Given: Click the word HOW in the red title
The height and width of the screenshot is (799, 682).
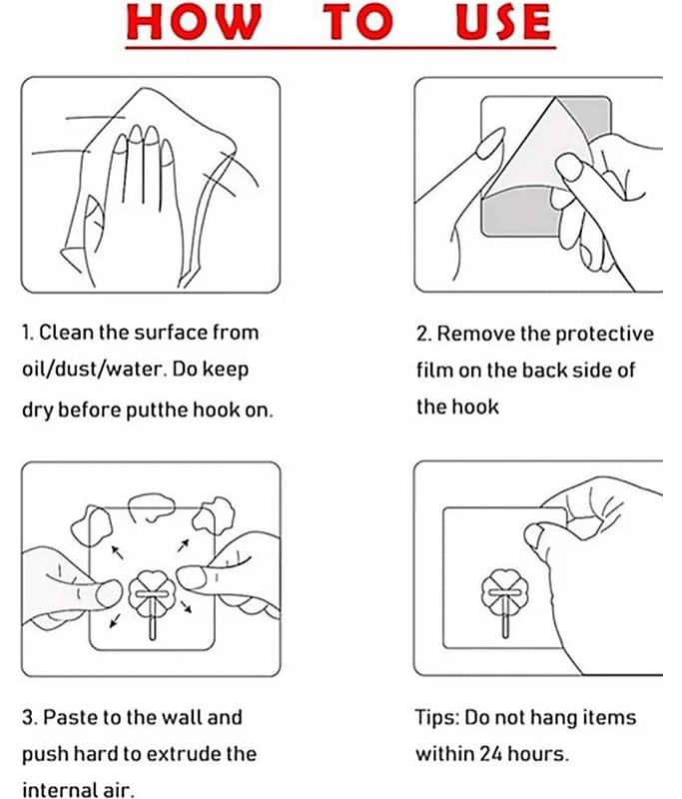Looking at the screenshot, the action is click(x=194, y=22).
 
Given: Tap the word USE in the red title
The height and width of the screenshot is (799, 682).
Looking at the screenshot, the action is click(x=503, y=22).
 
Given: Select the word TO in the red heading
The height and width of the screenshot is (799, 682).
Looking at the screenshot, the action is click(x=358, y=22).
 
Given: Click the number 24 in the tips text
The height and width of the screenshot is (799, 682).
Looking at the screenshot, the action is click(x=491, y=754).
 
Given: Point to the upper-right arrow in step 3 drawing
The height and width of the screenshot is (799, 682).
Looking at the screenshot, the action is click(x=184, y=545).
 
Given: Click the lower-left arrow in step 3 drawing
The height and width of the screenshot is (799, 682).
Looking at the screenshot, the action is click(x=116, y=620).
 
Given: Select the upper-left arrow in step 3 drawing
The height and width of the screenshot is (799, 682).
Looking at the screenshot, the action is click(x=117, y=552).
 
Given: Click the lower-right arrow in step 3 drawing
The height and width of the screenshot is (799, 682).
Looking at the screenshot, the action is click(x=186, y=606).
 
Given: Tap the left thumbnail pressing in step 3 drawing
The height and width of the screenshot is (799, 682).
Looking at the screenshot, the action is click(x=109, y=593).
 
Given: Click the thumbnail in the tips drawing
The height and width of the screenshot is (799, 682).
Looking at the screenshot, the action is click(x=535, y=538).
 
